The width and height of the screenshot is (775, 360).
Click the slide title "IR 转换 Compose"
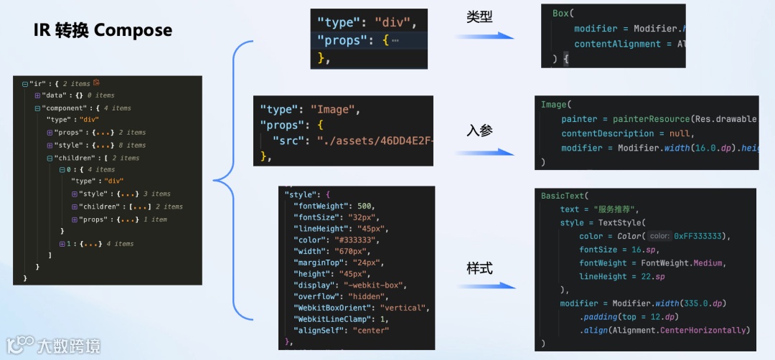click(x=103, y=30)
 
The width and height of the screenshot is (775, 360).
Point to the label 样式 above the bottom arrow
click(x=479, y=268)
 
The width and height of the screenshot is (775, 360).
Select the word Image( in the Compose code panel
click(x=555, y=105)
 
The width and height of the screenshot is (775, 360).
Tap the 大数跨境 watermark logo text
click(x=70, y=347)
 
